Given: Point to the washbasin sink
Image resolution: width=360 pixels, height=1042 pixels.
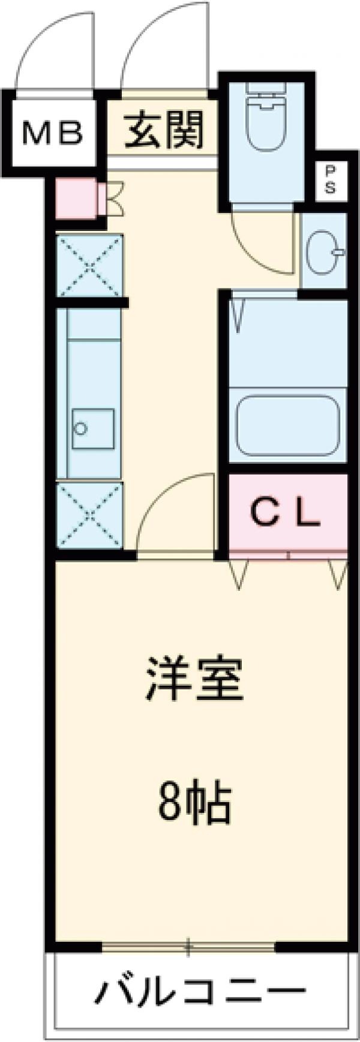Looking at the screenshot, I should (x=325, y=252).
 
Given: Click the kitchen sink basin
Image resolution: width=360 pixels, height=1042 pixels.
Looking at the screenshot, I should (x=93, y=428).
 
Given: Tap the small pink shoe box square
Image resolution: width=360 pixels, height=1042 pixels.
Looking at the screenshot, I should (x=76, y=199).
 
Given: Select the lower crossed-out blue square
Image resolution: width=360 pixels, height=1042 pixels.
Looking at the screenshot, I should (x=89, y=515).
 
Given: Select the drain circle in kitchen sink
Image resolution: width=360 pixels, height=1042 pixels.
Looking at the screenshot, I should (x=80, y=428).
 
